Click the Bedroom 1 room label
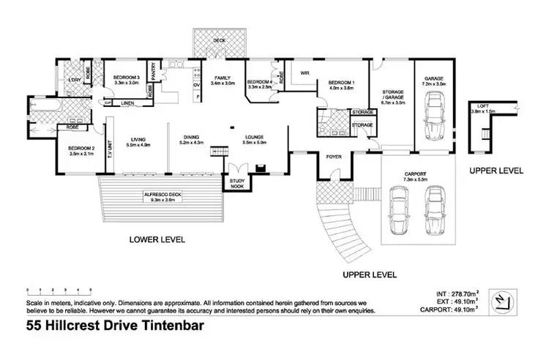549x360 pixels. click(341, 82)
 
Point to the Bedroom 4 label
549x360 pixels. click(260, 81)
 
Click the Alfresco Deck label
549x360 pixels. click(162, 195)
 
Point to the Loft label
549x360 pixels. click(486, 105)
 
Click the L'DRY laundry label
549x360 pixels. click(73, 79)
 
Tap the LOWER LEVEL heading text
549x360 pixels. click(157, 239)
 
